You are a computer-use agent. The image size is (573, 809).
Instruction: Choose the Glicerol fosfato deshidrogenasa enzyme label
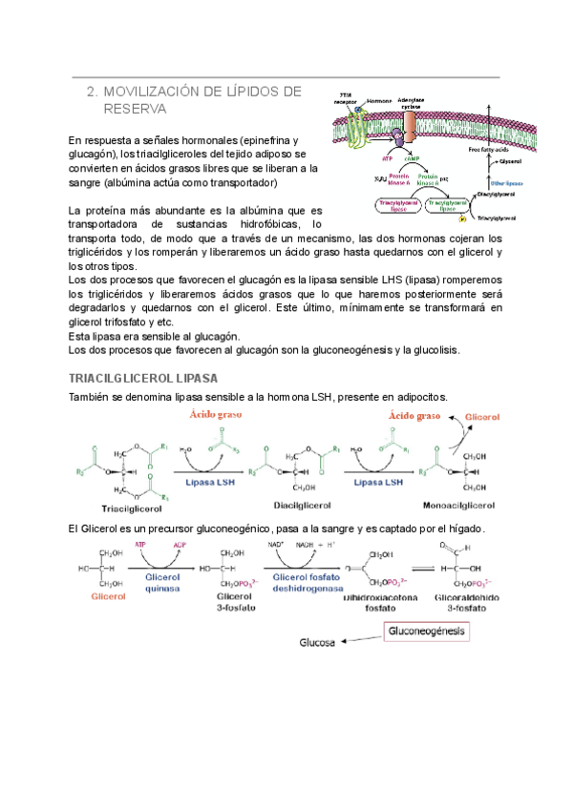pos(308,582)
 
